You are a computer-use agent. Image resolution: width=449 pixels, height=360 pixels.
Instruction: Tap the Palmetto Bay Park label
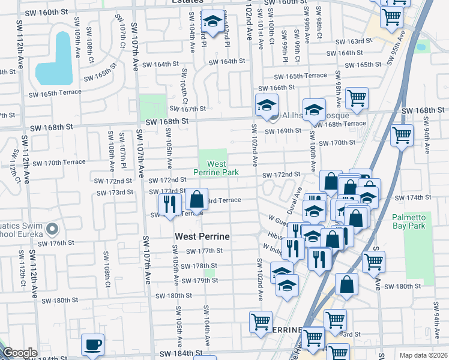408,221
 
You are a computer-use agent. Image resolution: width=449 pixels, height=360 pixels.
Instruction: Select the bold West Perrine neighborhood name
203,236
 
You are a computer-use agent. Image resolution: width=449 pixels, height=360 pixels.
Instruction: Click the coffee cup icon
92,345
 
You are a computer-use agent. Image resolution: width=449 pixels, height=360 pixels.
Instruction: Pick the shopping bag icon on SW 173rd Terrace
196,199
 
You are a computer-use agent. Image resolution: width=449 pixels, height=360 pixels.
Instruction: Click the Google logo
19,353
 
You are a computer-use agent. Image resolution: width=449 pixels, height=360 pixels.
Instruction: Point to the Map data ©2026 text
423,355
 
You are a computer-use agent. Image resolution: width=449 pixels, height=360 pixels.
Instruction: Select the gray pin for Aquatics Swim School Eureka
52,229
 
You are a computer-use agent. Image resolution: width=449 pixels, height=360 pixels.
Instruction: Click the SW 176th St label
54,243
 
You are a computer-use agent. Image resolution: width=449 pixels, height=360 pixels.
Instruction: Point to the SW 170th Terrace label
59,163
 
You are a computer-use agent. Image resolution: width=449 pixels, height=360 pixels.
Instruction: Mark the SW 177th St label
205,251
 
